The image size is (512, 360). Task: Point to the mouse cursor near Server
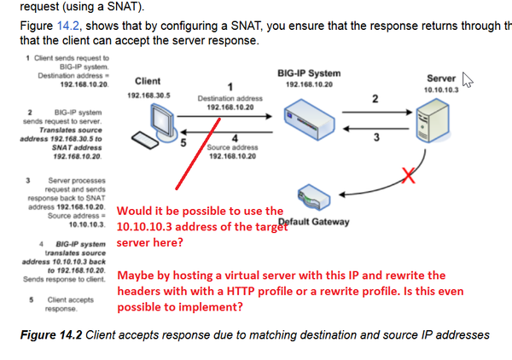pos(467,78)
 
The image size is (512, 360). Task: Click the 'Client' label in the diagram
pos(148,81)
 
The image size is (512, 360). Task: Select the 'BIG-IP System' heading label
pos(309,73)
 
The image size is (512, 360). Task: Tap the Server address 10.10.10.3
pos(440,90)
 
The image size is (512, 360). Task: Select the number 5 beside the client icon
pos(183,142)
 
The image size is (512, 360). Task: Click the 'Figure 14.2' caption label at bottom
pos(51,334)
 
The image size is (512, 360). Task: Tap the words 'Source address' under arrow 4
pos(226,148)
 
